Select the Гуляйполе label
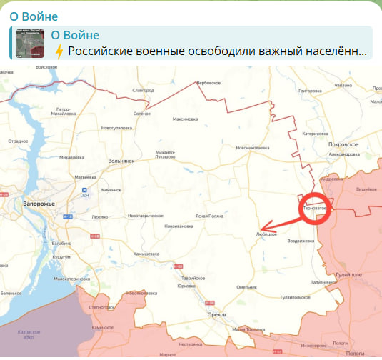pos(348,274)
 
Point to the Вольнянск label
pos(121,161)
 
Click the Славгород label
pos(143,91)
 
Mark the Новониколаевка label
pos(253,148)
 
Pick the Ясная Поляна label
pos(211,216)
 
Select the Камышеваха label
pos(146,254)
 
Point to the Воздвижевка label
pos(301,241)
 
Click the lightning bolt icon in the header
pos(59,51)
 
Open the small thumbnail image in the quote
pos(30,44)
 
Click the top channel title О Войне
pos(29,16)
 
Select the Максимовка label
pos(186,119)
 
